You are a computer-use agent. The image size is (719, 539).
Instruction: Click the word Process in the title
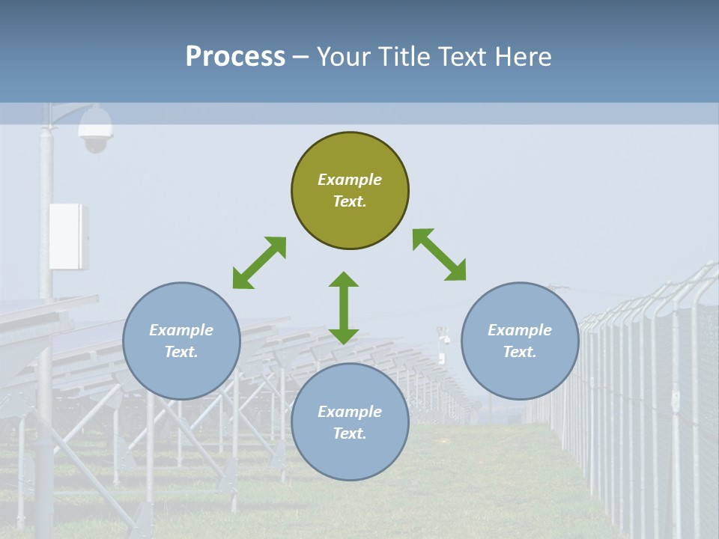[x=235, y=57]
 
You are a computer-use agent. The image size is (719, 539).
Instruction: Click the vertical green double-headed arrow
[x=344, y=308]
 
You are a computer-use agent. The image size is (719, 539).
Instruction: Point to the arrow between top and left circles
[x=259, y=262]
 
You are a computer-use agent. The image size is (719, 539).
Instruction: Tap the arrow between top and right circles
[x=439, y=255]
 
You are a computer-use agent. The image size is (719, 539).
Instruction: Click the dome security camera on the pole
[x=96, y=129]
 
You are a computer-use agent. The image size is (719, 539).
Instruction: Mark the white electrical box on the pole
[x=68, y=236]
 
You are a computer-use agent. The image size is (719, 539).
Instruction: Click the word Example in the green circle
[x=350, y=180]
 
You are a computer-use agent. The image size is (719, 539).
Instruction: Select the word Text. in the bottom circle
[x=350, y=433]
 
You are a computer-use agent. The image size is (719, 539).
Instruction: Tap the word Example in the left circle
[x=181, y=330]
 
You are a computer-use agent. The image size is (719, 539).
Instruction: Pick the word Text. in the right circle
[x=520, y=352]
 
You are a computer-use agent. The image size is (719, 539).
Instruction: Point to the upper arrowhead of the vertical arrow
[x=344, y=278]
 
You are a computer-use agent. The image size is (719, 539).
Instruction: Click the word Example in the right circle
[x=520, y=330]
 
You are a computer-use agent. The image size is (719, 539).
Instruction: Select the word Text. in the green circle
[x=350, y=201]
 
